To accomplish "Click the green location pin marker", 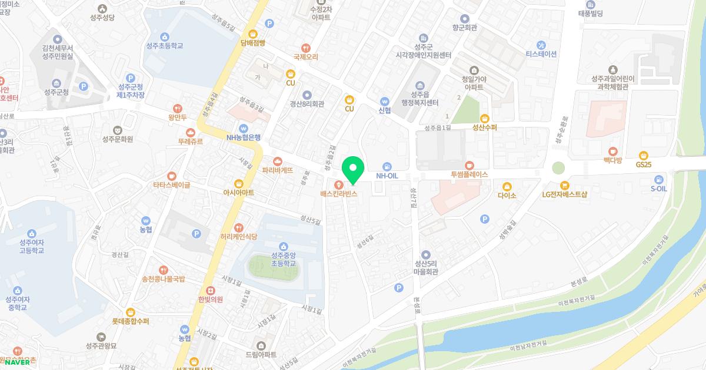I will (x=353, y=170).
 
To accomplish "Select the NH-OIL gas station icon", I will (x=387, y=166).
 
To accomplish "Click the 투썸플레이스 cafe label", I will (x=469, y=174).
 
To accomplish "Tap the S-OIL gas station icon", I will (x=658, y=179).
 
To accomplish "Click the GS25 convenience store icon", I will (x=643, y=155).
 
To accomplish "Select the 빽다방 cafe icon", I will (x=613, y=150).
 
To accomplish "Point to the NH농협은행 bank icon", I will (x=243, y=129).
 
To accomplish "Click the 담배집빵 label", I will (x=253, y=43).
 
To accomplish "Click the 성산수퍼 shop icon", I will (x=485, y=117).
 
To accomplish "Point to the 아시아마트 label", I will (x=238, y=192).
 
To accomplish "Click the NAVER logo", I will (x=16, y=362).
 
